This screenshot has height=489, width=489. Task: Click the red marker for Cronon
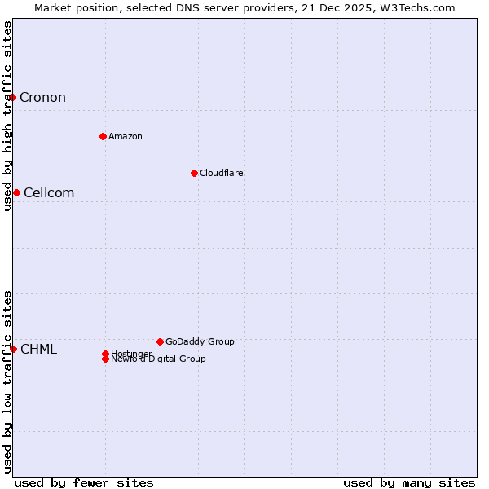point(12,98)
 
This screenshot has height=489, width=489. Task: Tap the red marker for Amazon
point(103,136)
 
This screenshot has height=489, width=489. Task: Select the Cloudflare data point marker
point(194,173)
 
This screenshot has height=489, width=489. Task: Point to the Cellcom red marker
point(16,192)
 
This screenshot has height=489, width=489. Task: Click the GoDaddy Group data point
point(160,341)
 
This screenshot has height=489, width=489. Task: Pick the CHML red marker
point(13,349)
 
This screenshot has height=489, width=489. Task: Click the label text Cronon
point(42,98)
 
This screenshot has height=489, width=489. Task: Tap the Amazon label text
point(126,136)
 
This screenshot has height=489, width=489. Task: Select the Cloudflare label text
point(222,173)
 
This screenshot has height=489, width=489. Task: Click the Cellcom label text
point(49,193)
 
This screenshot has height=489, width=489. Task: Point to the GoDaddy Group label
point(200,341)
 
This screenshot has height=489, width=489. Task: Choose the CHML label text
point(38,350)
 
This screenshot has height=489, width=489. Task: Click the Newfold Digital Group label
point(158,359)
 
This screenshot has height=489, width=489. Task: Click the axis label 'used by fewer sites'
point(84,482)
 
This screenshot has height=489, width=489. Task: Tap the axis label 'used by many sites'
point(409,482)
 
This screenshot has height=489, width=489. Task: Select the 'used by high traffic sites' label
point(7,116)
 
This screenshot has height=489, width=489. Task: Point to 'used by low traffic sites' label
point(7,381)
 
